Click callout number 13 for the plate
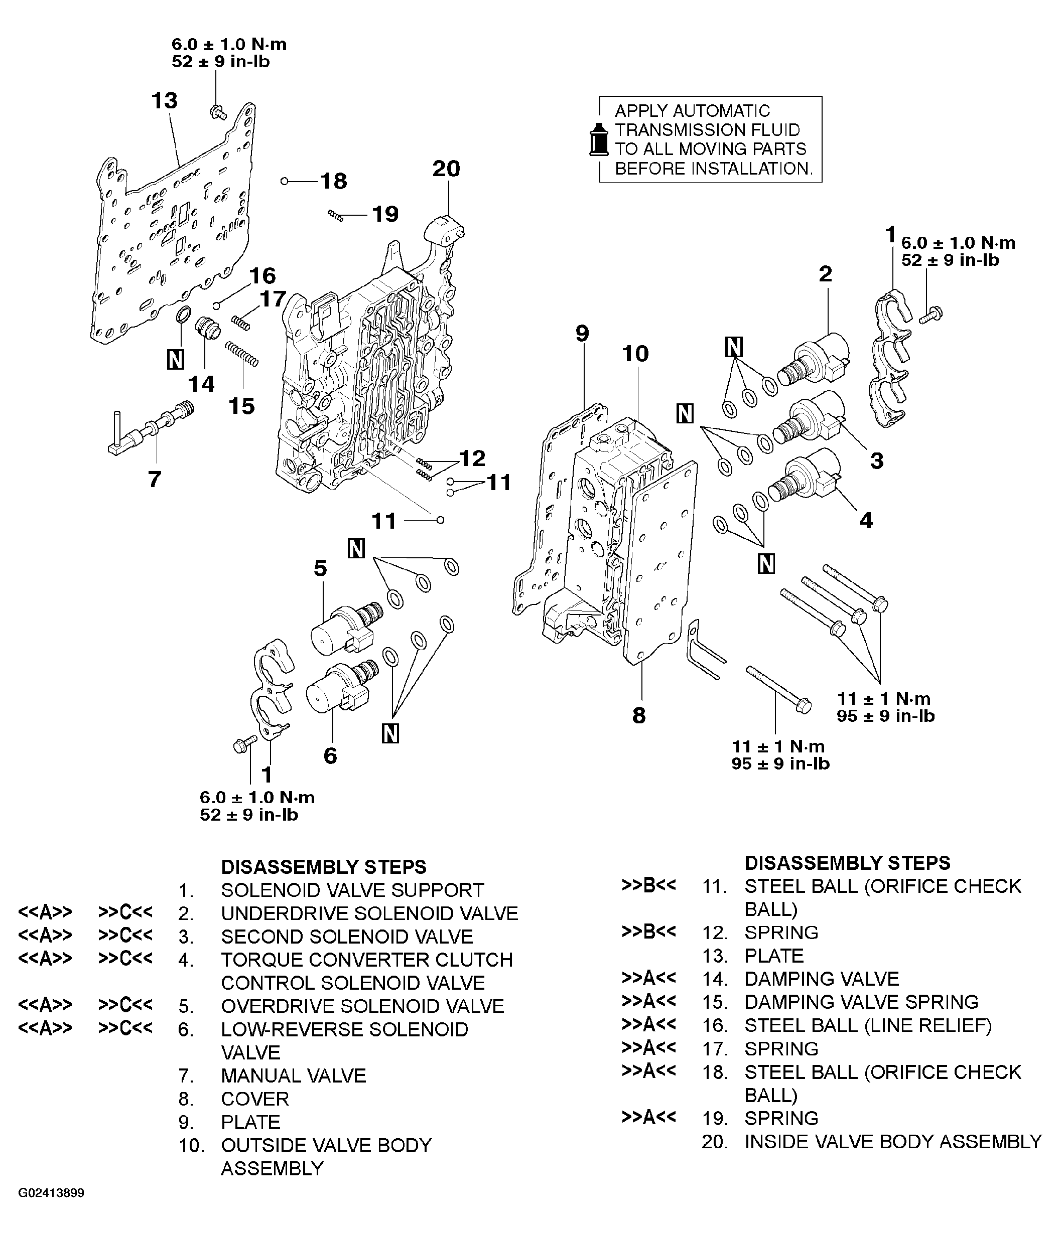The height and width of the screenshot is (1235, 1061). [164, 101]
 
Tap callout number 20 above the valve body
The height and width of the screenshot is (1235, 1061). [446, 169]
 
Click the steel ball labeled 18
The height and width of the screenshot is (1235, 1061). [285, 181]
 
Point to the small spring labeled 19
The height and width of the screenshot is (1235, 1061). [336, 216]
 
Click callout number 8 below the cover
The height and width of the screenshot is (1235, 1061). [639, 715]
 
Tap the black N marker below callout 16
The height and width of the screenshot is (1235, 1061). [175, 359]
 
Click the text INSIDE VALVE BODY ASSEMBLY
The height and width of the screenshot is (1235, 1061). [892, 1141]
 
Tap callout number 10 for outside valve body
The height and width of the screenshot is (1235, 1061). [635, 354]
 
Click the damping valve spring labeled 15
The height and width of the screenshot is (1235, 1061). [241, 354]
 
